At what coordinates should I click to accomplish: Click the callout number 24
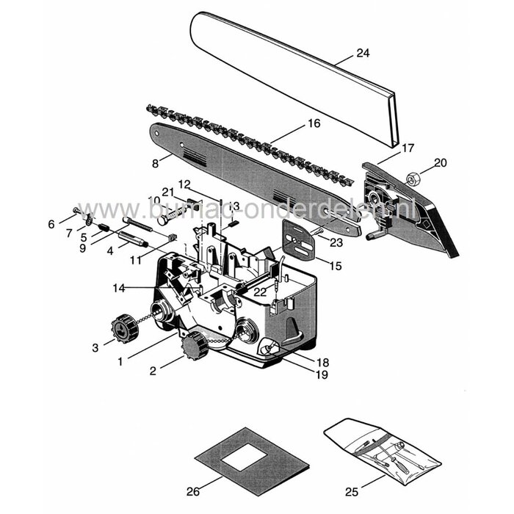point(362,53)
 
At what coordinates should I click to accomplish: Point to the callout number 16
point(314,124)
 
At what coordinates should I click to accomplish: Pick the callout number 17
point(408,148)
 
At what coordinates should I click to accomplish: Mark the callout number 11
point(135,260)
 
